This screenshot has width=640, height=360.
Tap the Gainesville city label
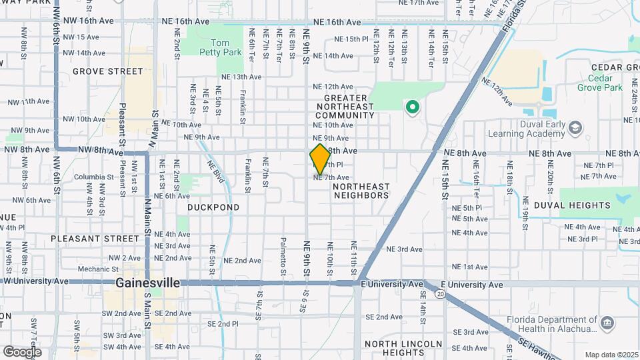[147, 283]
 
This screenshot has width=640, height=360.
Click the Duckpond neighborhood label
[213, 207]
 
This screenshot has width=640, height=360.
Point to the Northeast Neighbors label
[361, 191]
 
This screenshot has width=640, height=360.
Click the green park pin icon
[413, 106]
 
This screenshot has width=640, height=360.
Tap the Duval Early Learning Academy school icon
[576, 127]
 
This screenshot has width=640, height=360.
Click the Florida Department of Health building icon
[607, 323]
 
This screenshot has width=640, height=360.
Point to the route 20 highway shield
[440, 293]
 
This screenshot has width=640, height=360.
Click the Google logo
[23, 351]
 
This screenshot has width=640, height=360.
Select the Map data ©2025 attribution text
[612, 355]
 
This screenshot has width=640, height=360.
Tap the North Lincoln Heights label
[403, 348]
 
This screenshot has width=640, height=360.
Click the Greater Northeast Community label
[349, 107]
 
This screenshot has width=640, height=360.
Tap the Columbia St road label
[89, 177]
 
